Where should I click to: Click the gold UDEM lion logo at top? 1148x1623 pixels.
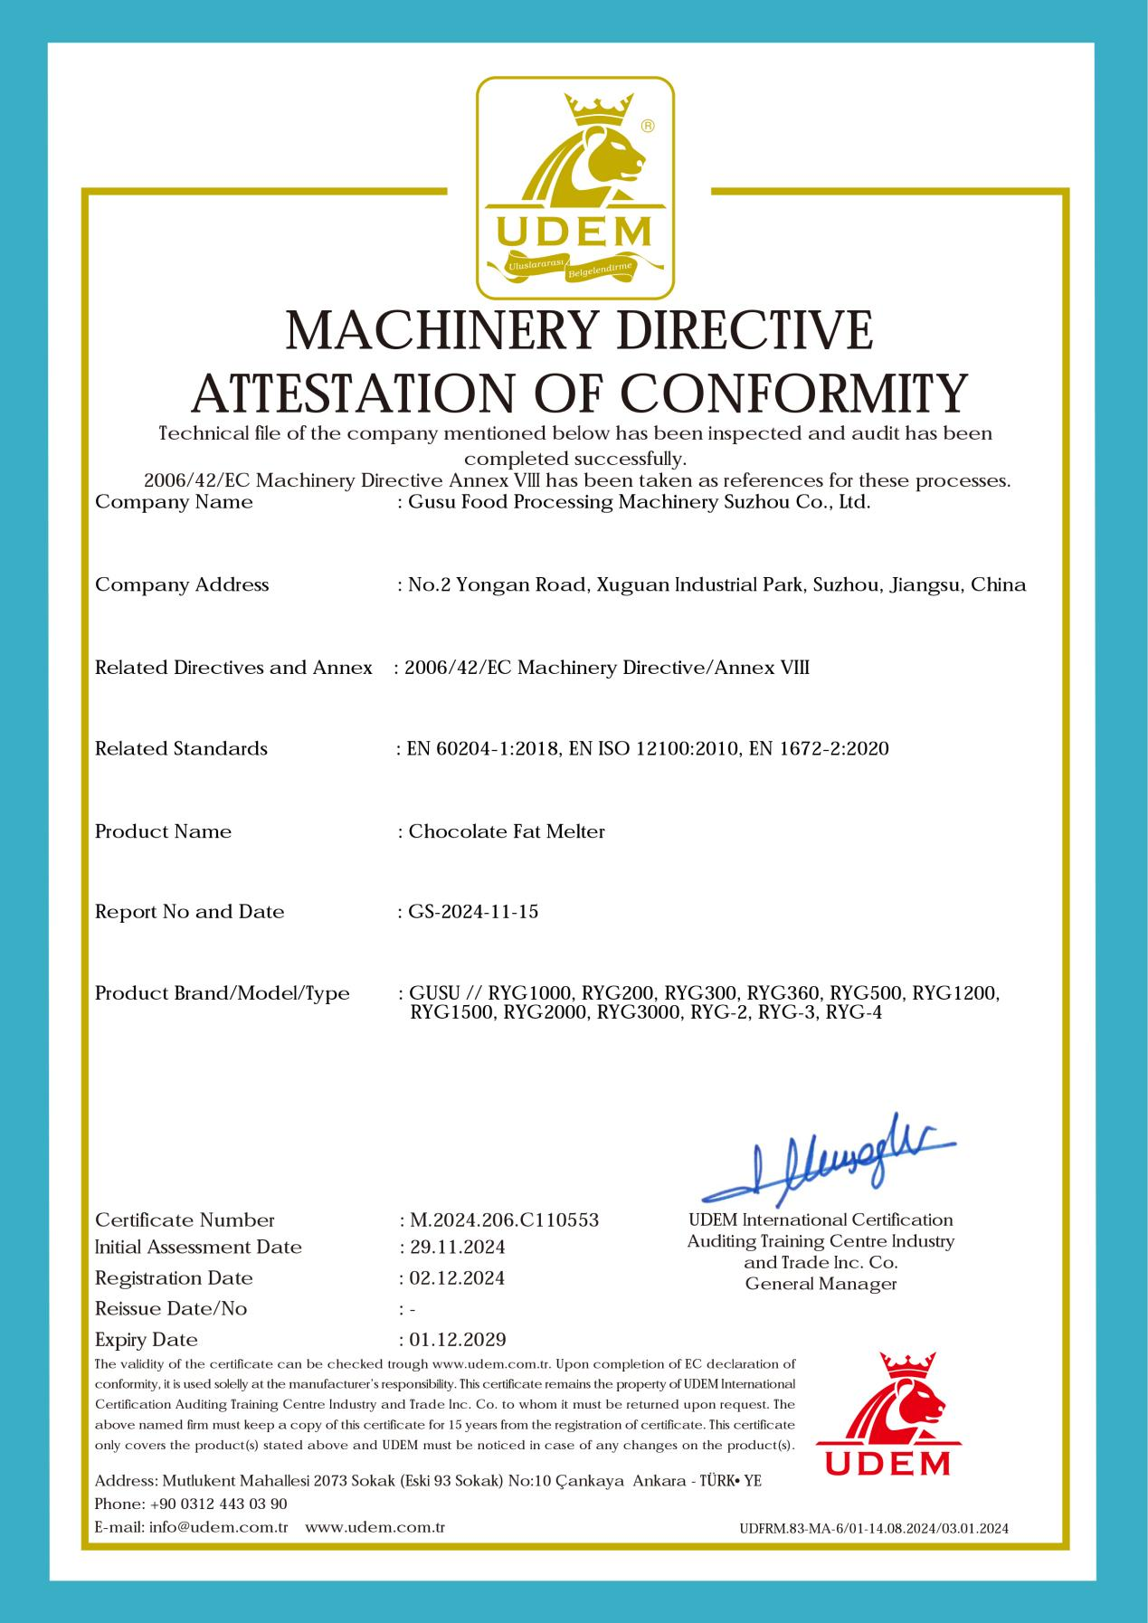pos(575,188)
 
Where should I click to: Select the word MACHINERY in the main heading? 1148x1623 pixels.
pos(443,331)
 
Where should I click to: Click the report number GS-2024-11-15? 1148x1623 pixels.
pos(473,912)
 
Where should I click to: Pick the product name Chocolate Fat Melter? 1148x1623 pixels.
pos(507,831)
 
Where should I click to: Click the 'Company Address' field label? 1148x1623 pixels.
pos(182,585)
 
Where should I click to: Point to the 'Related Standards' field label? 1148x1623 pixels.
pos(181,749)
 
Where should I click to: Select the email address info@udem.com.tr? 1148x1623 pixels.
pos(219,1527)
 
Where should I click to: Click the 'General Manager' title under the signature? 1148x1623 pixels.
pos(821,1284)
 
